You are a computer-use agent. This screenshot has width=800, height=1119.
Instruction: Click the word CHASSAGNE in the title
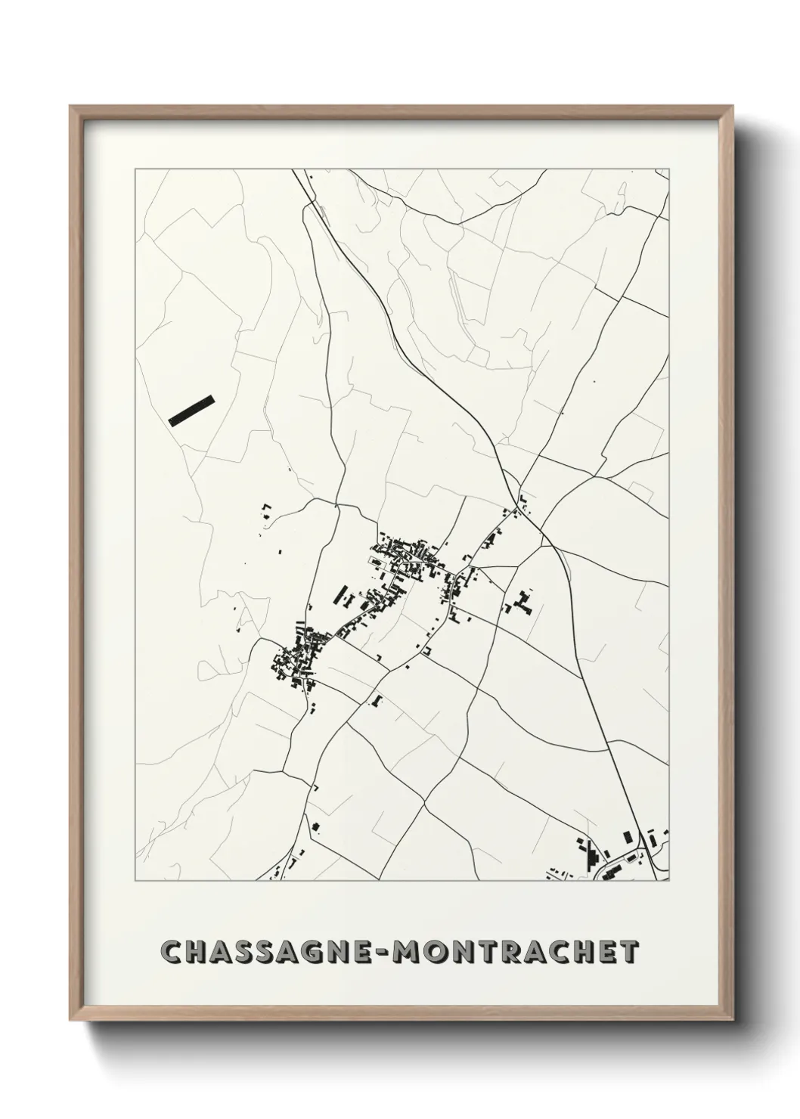(271, 953)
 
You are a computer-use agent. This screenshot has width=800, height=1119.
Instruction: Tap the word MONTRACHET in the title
(519, 953)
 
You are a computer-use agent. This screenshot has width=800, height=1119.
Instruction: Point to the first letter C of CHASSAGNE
(172, 953)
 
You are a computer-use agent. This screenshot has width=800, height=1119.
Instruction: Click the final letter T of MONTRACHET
(630, 953)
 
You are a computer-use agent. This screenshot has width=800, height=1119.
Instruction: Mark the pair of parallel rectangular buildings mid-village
(341, 596)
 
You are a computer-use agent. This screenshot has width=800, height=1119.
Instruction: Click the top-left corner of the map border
(135, 170)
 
